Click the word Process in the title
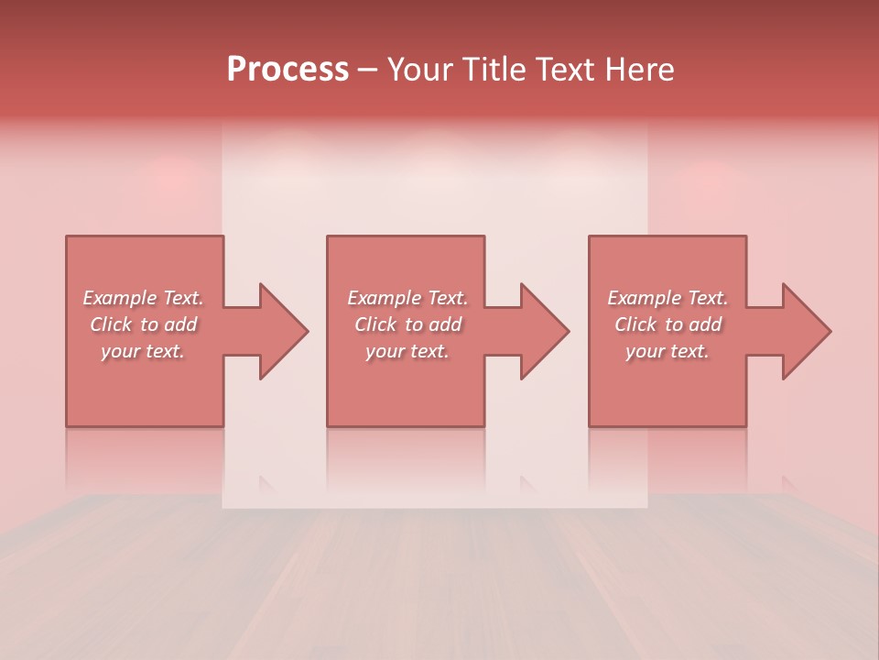(x=288, y=70)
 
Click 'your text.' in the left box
(x=142, y=351)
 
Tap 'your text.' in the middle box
(x=407, y=351)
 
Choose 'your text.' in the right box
(x=667, y=351)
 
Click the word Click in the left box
(x=111, y=324)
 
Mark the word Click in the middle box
(x=375, y=324)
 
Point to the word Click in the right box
(x=635, y=324)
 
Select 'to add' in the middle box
(x=433, y=324)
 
